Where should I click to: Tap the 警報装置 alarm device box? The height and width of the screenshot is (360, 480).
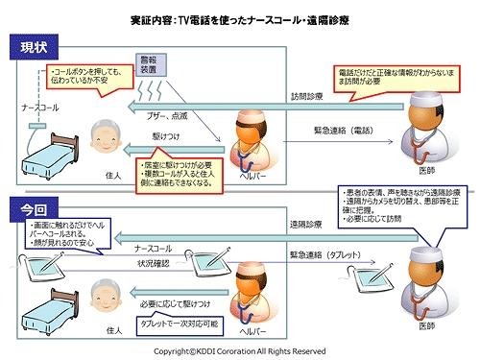point(147,64)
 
